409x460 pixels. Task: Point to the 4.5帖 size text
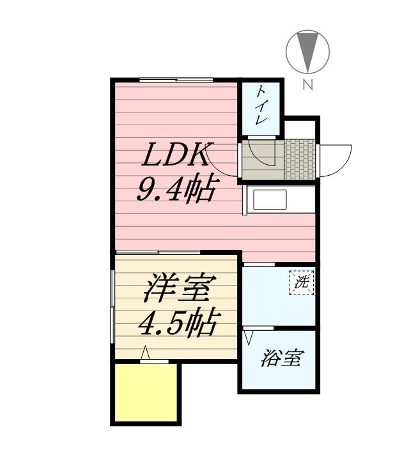click(x=176, y=325)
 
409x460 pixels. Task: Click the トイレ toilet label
click(x=261, y=107)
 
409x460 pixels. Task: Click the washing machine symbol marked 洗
click(x=302, y=282)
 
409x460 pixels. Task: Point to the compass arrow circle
click(x=307, y=52)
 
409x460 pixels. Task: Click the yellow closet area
click(x=144, y=392)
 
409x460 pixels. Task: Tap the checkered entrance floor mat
click(x=298, y=160)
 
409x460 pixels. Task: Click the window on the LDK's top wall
click(x=176, y=79)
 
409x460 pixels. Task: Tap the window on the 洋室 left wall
click(x=112, y=307)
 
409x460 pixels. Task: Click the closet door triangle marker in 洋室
click(x=145, y=352)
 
